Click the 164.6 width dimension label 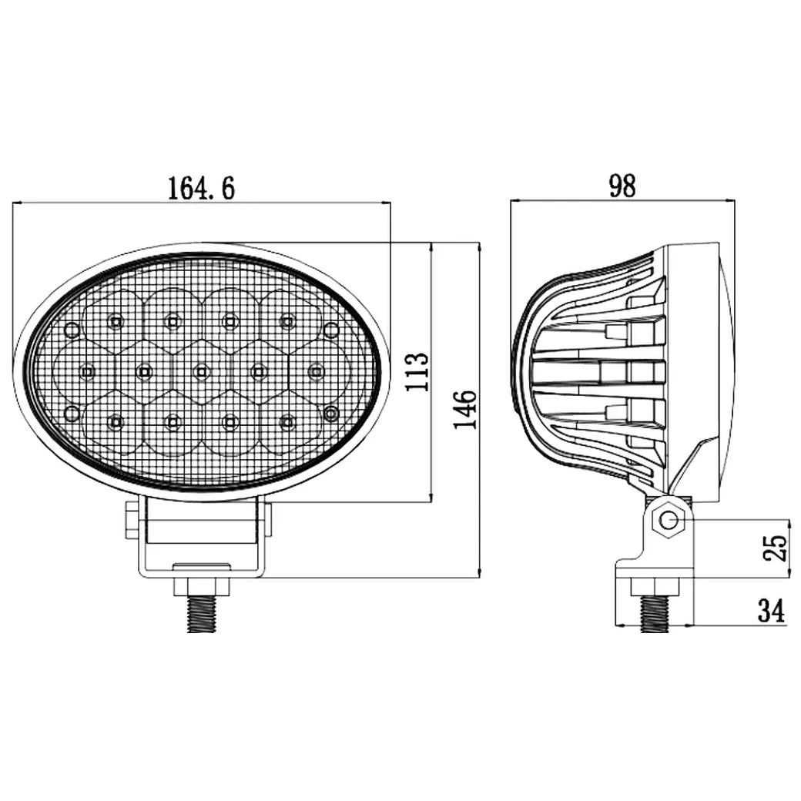pyautogui.click(x=201, y=187)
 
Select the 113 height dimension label pyautogui.click(x=417, y=372)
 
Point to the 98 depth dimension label pyautogui.click(x=622, y=186)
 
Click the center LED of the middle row pyautogui.click(x=200, y=372)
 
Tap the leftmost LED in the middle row pyautogui.click(x=86, y=372)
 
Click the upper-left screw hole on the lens pyautogui.click(x=72, y=330)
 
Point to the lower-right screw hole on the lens pyautogui.click(x=331, y=414)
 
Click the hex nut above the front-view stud pyautogui.click(x=203, y=586)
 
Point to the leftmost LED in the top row pyautogui.click(x=115, y=322)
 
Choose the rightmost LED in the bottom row pyautogui.click(x=287, y=421)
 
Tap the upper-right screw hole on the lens pyautogui.click(x=331, y=330)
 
